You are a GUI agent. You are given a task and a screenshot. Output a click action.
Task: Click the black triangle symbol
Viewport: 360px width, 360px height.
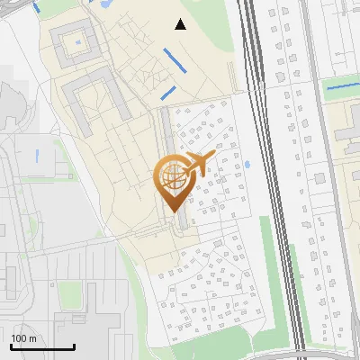(x=181, y=24)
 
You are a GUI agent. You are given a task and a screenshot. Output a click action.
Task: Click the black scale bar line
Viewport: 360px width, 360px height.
(x=42, y=347)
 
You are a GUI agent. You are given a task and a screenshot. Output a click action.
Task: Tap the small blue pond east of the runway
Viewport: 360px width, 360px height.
(x=247, y=166)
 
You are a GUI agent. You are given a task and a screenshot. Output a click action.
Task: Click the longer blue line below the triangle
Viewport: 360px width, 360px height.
(x=177, y=61)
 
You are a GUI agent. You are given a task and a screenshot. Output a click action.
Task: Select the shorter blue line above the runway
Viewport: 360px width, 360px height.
(x=166, y=93)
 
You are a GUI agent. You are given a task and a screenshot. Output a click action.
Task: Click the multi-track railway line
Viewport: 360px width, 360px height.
(x=270, y=180)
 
